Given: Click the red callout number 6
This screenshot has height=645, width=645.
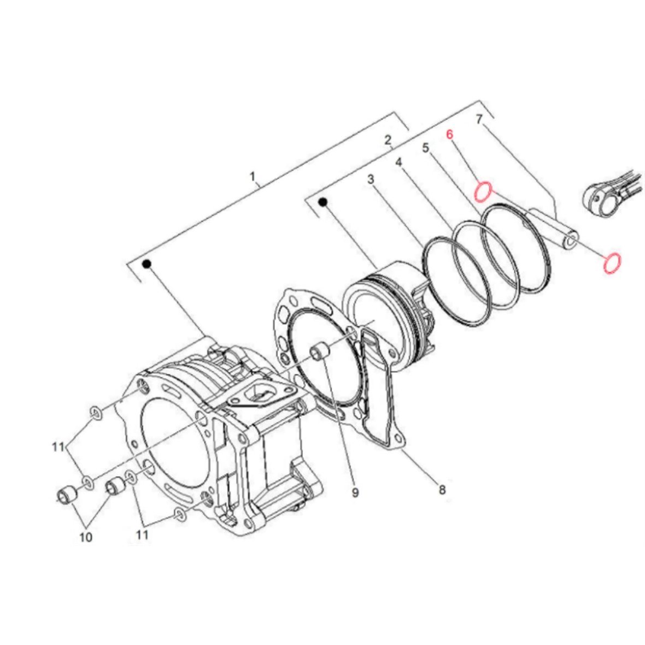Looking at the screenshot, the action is click(x=450, y=134).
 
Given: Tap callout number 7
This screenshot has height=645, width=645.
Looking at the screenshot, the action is click(x=479, y=119).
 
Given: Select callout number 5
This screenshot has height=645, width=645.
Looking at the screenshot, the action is click(x=426, y=148).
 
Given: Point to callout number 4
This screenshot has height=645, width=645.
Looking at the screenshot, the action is click(x=398, y=162).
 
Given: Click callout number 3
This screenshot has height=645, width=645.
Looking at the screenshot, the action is click(x=371, y=179).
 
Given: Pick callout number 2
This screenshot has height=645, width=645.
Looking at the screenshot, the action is click(x=388, y=140).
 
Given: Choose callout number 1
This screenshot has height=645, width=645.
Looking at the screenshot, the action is click(x=253, y=177).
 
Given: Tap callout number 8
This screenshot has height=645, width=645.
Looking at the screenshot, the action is click(x=442, y=490).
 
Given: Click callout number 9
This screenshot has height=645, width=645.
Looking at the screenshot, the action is click(x=355, y=492).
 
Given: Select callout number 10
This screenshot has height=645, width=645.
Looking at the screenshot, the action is click(x=86, y=537).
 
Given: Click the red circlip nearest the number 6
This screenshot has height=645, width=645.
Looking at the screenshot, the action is click(x=483, y=192).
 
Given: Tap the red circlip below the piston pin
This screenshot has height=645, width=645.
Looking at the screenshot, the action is click(x=612, y=263).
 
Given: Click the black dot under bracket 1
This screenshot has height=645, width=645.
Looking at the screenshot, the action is click(x=146, y=264).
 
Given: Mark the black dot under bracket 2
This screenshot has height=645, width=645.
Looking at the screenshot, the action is click(x=324, y=202).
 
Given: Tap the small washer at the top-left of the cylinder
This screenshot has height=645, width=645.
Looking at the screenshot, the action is click(x=96, y=413).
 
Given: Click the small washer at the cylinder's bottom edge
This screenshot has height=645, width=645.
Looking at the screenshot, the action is click(x=179, y=514).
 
